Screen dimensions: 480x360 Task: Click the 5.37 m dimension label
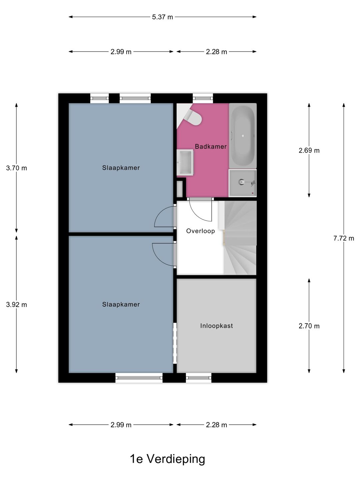point(162,17)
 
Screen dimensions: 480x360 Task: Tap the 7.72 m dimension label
point(343,238)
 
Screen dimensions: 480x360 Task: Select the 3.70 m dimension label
point(16,168)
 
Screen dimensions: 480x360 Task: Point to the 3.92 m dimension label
point(16,305)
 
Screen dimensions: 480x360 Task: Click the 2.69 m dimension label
point(309,150)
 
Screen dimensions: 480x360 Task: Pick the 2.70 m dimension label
point(309,326)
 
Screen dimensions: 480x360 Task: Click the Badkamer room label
point(211,146)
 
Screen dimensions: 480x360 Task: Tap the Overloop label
point(200,231)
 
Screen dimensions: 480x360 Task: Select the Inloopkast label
point(216,326)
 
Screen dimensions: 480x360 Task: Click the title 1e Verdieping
point(167,459)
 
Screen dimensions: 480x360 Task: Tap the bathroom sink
point(185,162)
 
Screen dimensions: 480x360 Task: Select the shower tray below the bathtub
point(242,183)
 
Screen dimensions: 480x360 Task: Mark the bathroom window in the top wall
point(203,98)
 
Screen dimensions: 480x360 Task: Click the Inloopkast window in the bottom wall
point(199,378)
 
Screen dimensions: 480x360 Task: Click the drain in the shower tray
point(242,182)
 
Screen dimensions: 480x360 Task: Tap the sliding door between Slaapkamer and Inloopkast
point(175,343)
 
